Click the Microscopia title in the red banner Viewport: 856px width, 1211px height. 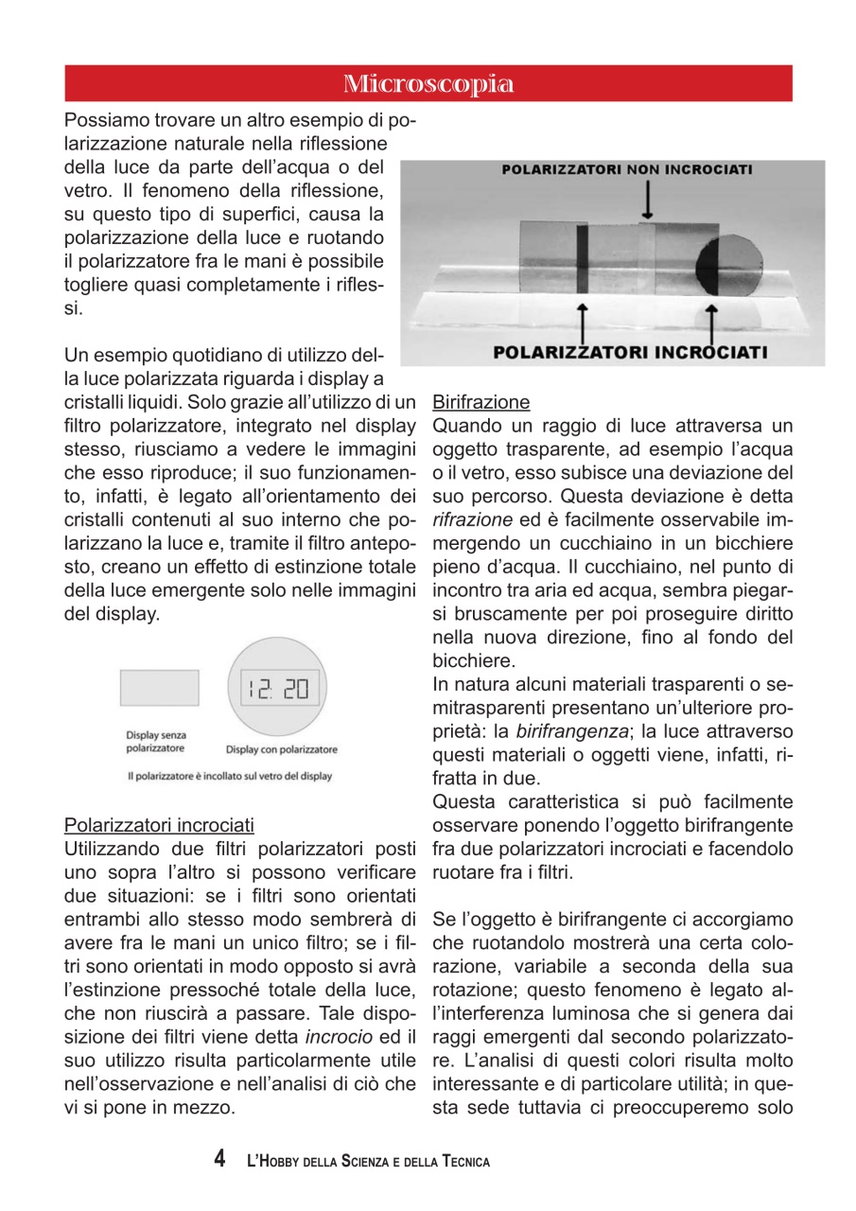[x=428, y=83]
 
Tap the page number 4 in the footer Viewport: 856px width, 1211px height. [x=219, y=1159]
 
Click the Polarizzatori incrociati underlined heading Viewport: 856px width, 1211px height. [x=158, y=825]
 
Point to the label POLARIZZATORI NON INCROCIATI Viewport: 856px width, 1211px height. [x=626, y=170]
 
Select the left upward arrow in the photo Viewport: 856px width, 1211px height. [x=584, y=322]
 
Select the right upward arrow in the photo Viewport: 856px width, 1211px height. [x=712, y=322]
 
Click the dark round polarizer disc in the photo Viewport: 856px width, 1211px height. [x=728, y=266]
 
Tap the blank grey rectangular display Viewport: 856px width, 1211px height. [x=159, y=688]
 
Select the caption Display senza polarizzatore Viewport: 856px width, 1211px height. [x=156, y=741]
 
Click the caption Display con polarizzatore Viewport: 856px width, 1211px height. [x=281, y=749]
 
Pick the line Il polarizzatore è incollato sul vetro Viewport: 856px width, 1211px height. [x=230, y=777]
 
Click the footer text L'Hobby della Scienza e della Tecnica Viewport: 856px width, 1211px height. [x=368, y=1161]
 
